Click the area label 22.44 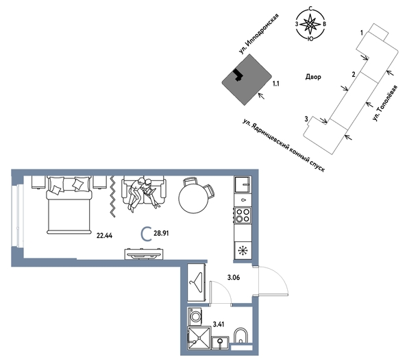point(104,236)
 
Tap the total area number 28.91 point(161,233)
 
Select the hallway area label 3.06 point(234,278)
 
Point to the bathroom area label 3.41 point(219,324)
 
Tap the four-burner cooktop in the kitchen point(243,215)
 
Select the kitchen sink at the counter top point(243,184)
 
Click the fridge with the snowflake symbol point(243,250)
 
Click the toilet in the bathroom point(241,336)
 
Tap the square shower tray point(199,338)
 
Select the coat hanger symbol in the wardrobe point(197,283)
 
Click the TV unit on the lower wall point(144,254)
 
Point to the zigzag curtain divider point(112,196)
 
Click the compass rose point(310,24)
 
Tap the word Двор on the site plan point(313,77)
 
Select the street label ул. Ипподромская point(259,34)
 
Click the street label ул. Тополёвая point(384,103)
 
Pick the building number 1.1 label point(275,84)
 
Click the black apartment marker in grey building point(238,75)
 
